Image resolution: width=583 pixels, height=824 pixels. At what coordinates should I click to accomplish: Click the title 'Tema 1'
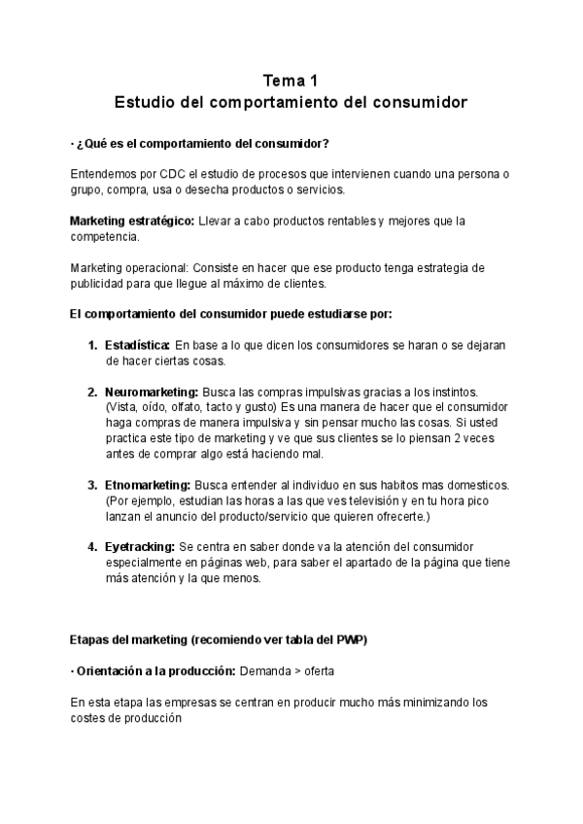tap(291, 80)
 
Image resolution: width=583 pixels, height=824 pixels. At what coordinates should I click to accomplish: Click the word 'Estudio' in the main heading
tap(146, 101)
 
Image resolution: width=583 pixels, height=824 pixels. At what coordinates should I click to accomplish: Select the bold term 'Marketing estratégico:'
tap(131, 223)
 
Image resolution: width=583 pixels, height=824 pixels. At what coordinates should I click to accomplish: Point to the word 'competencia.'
tap(105, 236)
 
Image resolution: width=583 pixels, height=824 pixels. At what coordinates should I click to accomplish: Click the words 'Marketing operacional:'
tap(130, 267)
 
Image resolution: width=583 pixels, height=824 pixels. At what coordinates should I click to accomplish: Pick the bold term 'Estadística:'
tap(138, 346)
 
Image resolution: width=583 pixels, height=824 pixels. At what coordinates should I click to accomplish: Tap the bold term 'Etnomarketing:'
tap(148, 485)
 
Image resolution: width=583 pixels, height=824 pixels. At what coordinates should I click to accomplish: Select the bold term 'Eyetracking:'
tap(140, 547)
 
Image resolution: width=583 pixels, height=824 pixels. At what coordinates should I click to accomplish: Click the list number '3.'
tap(92, 485)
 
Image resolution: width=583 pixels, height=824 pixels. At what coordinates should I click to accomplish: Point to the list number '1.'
tap(92, 346)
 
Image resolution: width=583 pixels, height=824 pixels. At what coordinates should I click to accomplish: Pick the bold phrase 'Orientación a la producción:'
tap(154, 670)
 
